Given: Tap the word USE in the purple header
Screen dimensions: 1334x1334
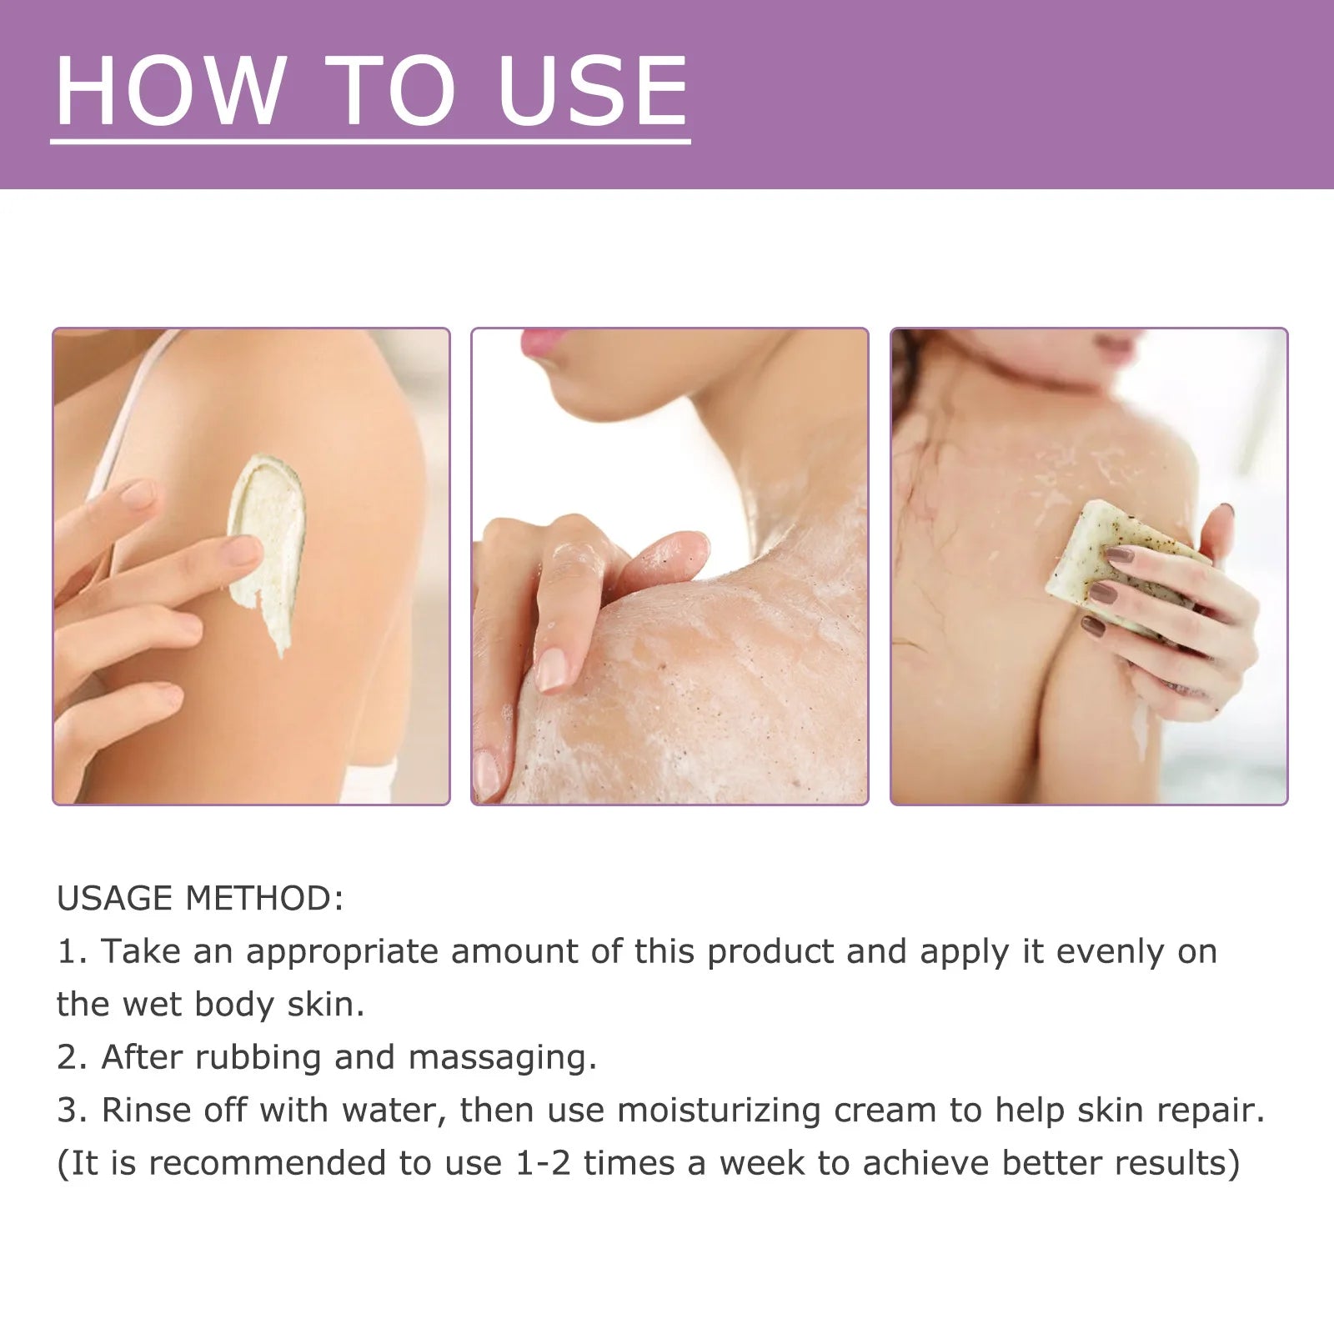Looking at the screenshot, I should [592, 92].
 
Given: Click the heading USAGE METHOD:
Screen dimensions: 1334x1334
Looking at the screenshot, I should [200, 899].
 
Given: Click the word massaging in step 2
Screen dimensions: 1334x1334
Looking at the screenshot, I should [502, 1058].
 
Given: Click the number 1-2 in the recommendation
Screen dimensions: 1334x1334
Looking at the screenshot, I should [544, 1163].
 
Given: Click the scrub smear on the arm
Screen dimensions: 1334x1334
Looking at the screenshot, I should [265, 550].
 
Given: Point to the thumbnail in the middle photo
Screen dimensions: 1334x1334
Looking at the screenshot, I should [553, 671].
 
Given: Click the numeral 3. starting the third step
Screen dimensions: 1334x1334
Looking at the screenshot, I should [72, 1111].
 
